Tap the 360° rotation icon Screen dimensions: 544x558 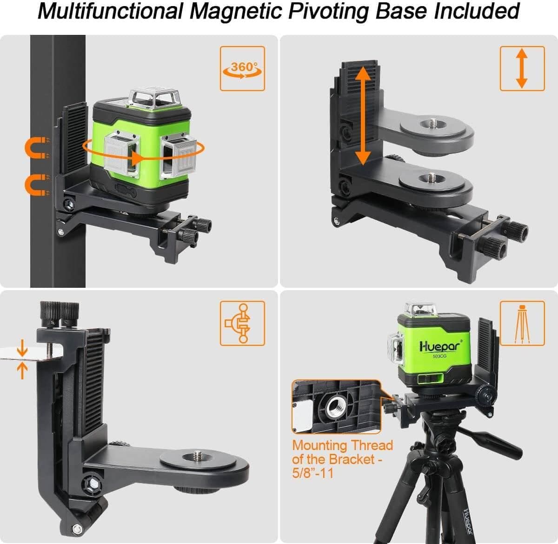coord(242,68)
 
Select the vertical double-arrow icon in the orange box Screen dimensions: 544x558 coord(522,68)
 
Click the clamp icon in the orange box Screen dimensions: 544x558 coord(242,323)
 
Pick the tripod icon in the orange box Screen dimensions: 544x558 coord(522,323)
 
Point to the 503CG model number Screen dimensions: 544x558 coord(439,357)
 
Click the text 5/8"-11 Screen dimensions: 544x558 coord(312,473)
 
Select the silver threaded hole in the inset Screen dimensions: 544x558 coord(335,407)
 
